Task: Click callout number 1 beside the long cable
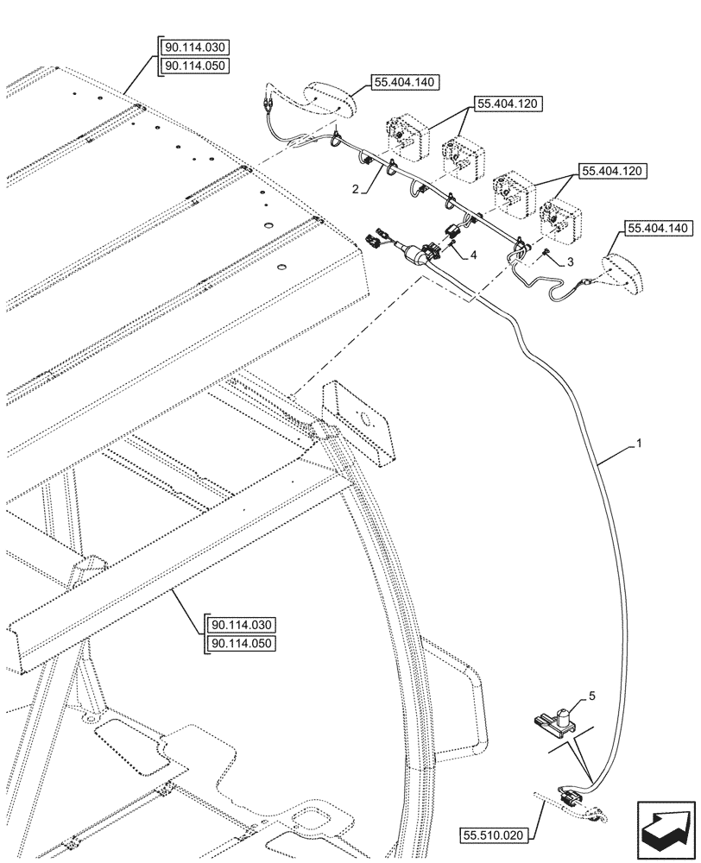pyautogui.click(x=638, y=443)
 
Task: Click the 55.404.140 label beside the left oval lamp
pyautogui.click(x=405, y=83)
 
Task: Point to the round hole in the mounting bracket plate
pyautogui.click(x=369, y=422)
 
